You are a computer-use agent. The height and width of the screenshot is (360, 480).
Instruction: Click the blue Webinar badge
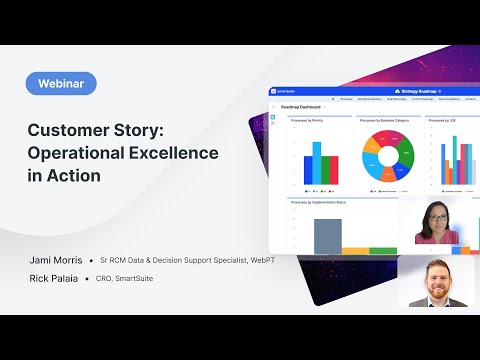tap(62, 85)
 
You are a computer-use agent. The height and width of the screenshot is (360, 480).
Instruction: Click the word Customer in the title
tap(71, 130)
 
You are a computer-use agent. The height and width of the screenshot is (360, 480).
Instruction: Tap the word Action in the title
tap(78, 174)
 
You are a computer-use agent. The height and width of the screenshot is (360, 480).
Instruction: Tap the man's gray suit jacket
tap(416, 300)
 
